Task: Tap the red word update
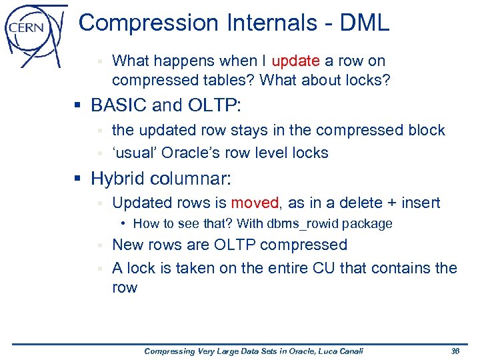[296, 61]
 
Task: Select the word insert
[418, 203]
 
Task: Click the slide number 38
[455, 351]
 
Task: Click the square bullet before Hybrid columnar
[79, 179]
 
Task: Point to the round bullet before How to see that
[125, 224]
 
